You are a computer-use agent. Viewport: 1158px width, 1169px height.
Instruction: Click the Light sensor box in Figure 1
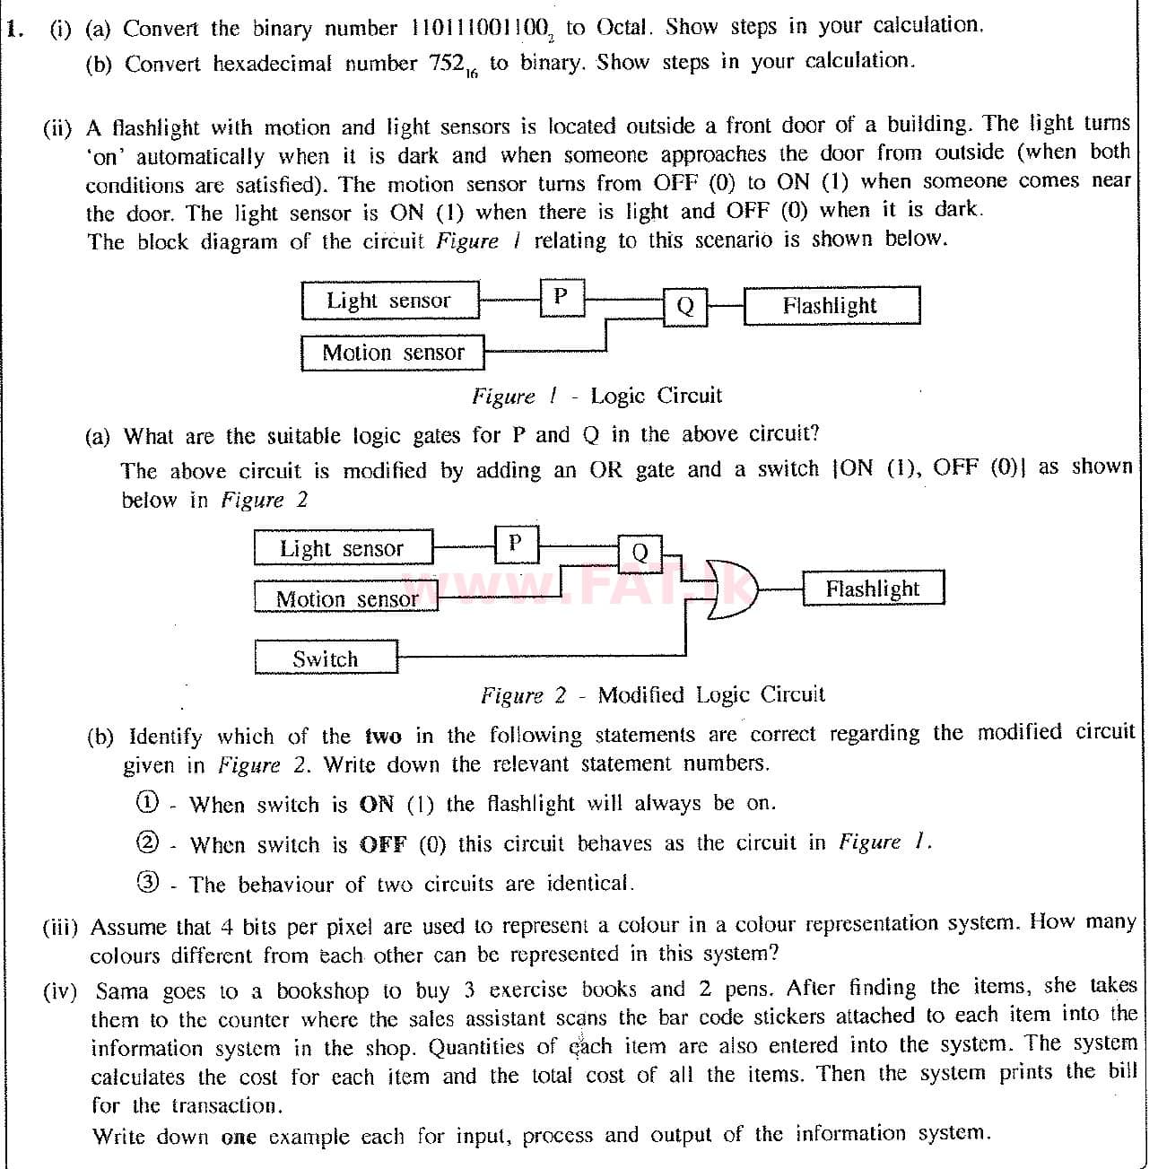pyautogui.click(x=389, y=301)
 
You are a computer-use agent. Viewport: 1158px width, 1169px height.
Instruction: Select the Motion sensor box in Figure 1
pyautogui.click(x=392, y=353)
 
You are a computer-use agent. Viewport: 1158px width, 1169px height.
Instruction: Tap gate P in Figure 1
pyautogui.click(x=562, y=297)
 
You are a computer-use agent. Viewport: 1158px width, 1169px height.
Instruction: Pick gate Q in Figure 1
pyautogui.click(x=685, y=307)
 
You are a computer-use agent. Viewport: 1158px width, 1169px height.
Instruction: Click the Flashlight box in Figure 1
pyautogui.click(x=831, y=306)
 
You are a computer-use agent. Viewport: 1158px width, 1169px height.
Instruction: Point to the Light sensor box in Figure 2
pyautogui.click(x=343, y=548)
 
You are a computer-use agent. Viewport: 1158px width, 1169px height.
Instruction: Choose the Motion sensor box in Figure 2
pyautogui.click(x=346, y=598)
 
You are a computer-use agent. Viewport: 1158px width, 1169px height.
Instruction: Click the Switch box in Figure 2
pyautogui.click(x=326, y=659)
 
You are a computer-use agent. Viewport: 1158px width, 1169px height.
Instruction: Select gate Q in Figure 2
pyautogui.click(x=640, y=553)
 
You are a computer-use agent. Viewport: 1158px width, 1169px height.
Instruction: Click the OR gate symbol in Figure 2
pyautogui.click(x=729, y=589)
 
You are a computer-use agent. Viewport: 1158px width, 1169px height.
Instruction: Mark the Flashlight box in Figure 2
pyautogui.click(x=872, y=589)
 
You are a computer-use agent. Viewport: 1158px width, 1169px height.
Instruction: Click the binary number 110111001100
pyautogui.click(x=480, y=29)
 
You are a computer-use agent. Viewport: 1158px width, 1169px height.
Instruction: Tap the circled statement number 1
pyautogui.click(x=147, y=802)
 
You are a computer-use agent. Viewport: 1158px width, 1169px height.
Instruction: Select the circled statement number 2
pyautogui.click(x=147, y=842)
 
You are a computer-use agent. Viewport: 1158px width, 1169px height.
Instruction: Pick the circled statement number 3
pyautogui.click(x=147, y=882)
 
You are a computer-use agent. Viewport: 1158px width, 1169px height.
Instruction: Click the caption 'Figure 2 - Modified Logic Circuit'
pyautogui.click(x=652, y=695)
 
